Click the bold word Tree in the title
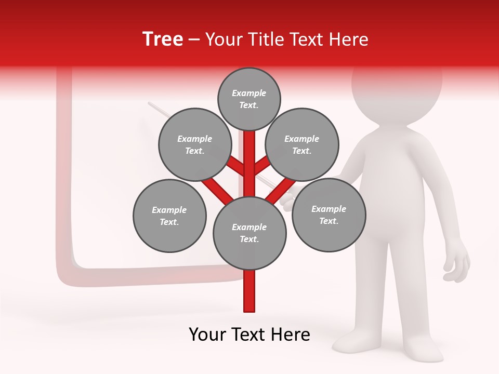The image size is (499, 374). (163, 39)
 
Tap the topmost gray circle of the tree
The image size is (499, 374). (249, 99)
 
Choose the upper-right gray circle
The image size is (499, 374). (302, 144)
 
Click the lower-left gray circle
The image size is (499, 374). (169, 216)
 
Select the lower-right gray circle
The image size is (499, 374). (329, 215)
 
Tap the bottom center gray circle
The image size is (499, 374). (249, 233)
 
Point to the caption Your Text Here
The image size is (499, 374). (249, 335)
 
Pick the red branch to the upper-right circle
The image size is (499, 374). (262, 166)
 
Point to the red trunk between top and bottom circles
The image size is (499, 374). (249, 166)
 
